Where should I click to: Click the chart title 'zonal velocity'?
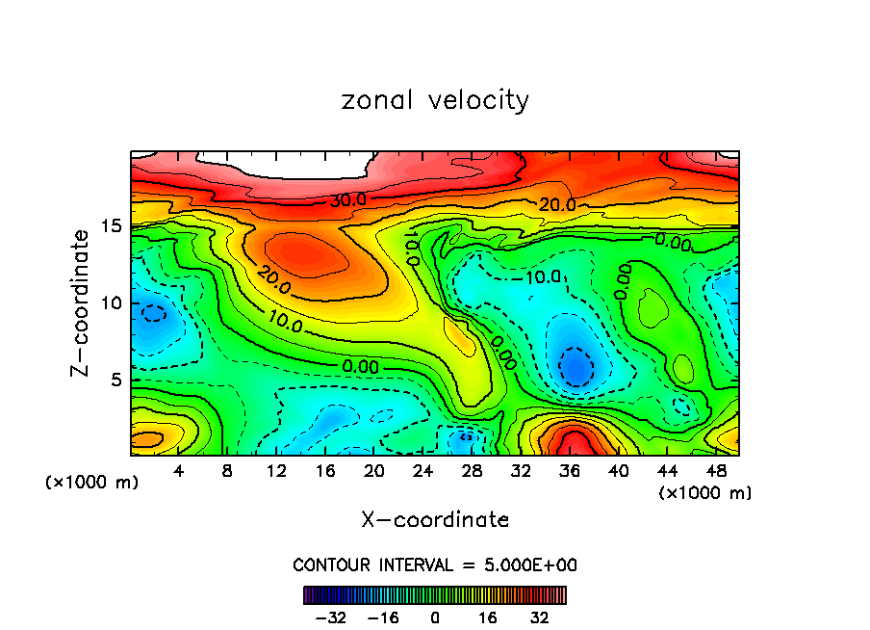pyautogui.click(x=435, y=100)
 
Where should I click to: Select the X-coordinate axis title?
pyautogui.click(x=435, y=520)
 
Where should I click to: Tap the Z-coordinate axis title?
pyautogui.click(x=82, y=302)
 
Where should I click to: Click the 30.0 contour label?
pyautogui.click(x=347, y=199)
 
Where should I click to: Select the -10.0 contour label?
pyautogui.click(x=541, y=277)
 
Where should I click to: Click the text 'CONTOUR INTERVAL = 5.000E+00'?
pyautogui.click(x=435, y=565)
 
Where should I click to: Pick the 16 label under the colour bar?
pyautogui.click(x=487, y=616)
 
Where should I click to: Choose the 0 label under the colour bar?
pyautogui.click(x=435, y=616)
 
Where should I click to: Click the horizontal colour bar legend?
pyautogui.click(x=435, y=594)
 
